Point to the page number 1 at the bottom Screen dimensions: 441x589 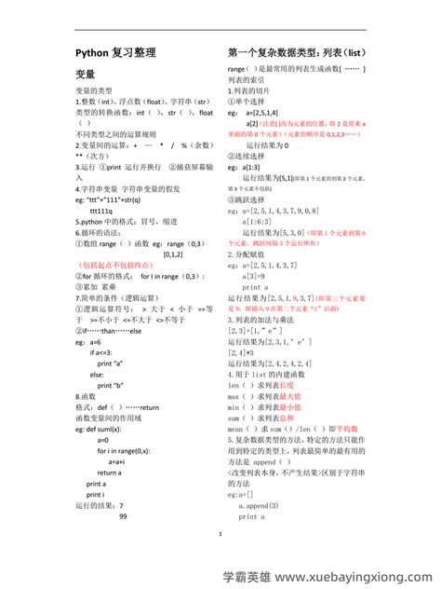coord(220,534)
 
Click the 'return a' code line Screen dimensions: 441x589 coord(109,472)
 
